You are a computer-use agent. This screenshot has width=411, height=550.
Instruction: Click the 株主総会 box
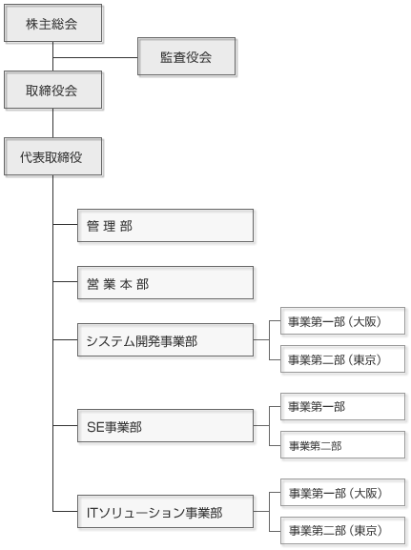pos(53,23)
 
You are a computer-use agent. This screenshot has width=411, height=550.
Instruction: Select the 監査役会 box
pos(186,56)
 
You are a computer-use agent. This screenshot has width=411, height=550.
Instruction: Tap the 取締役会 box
pos(53,90)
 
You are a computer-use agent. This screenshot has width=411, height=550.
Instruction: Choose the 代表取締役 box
pos(53,156)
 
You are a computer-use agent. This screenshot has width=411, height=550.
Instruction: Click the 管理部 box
pos(165,226)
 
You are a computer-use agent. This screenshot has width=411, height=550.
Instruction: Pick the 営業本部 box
pos(165,283)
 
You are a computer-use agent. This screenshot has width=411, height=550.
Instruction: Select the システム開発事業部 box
pos(165,340)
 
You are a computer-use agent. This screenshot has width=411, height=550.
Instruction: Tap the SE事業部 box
pos(165,425)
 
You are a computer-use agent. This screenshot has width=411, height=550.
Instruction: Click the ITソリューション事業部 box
pos(165,512)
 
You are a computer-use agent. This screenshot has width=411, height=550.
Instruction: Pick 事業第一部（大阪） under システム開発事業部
pos(343,321)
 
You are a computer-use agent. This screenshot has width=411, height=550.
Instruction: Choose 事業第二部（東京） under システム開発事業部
pos(343,358)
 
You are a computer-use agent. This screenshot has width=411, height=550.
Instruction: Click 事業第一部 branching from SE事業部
pos(343,406)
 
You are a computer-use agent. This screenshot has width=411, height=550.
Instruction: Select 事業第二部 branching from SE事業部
pos(343,445)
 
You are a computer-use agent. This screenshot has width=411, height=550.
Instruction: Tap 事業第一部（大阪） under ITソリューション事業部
pos(343,493)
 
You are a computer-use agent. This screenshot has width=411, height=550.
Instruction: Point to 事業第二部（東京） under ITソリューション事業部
pos(343,530)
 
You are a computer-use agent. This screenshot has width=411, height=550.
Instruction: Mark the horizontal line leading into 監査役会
pos(95,57)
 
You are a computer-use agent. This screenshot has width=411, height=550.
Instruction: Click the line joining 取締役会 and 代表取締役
pos(53,123)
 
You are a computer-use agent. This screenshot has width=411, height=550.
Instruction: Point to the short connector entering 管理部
pos(65,224)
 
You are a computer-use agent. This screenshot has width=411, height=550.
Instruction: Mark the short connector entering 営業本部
pos(65,281)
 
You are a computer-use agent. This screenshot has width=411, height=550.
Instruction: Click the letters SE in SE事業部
pos(95,427)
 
